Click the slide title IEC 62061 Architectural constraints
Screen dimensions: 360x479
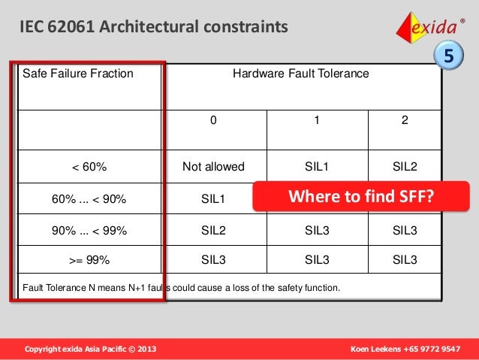click(x=154, y=28)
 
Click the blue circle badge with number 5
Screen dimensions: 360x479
click(x=448, y=56)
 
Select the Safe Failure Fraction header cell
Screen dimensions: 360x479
click(x=78, y=74)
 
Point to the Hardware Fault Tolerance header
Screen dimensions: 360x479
click(x=300, y=74)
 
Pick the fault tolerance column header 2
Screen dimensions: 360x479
click(x=405, y=119)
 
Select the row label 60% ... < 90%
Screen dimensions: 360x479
click(x=89, y=199)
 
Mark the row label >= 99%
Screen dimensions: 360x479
click(x=89, y=260)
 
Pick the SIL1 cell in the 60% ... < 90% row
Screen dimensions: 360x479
click(x=214, y=199)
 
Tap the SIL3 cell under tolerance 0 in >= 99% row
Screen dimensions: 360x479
click(x=214, y=260)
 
